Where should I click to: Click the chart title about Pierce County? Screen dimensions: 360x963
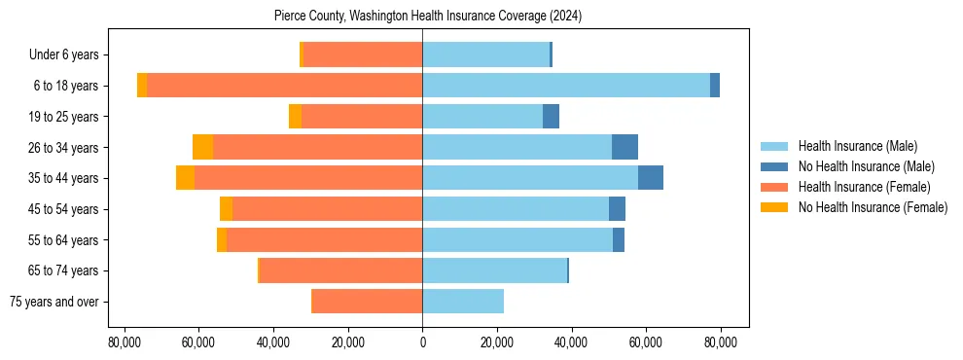pos(422,17)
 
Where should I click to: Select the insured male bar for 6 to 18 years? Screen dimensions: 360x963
pos(566,86)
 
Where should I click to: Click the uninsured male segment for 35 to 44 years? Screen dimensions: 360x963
pos(651,178)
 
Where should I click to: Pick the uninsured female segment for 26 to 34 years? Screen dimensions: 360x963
pos(202,147)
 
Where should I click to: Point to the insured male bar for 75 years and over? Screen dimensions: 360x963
pos(463,302)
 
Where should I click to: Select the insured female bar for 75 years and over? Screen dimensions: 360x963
pos(367,302)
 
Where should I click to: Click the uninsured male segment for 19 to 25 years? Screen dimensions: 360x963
pos(551,117)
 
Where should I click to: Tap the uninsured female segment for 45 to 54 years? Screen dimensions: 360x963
pos(226,209)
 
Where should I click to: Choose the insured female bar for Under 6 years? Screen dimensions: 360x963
pos(363,54)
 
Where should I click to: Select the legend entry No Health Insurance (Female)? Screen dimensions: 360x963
pos(872,207)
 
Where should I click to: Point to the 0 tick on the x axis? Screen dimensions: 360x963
pos(422,342)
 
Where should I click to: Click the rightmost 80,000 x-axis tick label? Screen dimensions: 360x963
pos(721,342)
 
